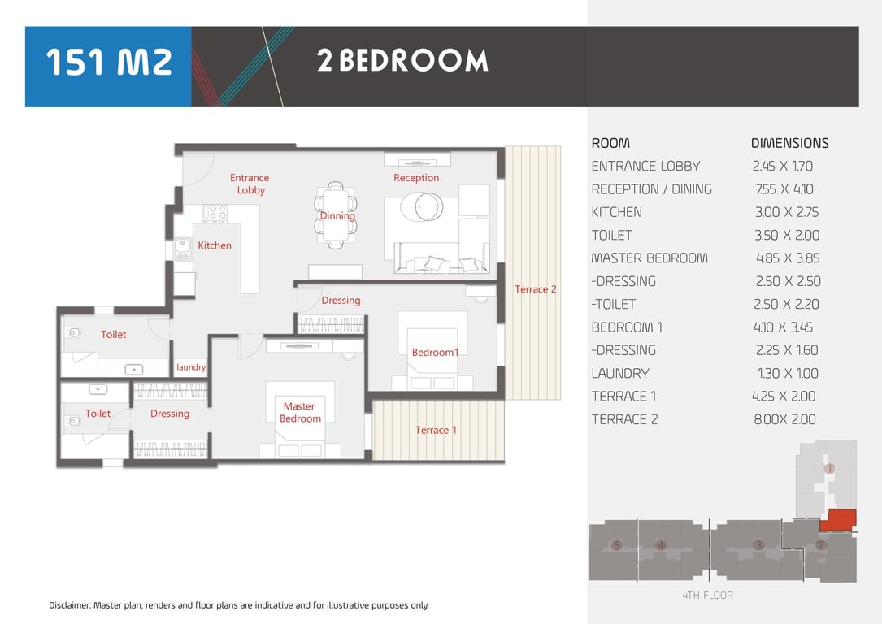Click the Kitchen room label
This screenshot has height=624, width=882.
(x=215, y=245)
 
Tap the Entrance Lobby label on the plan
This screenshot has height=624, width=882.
(x=250, y=184)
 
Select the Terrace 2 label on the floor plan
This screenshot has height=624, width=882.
(x=535, y=289)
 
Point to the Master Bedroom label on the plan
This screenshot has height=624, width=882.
(x=300, y=412)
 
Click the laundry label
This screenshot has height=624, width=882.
(x=191, y=367)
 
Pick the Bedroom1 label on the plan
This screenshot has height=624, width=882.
(x=435, y=353)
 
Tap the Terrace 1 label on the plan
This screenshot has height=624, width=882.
(x=436, y=430)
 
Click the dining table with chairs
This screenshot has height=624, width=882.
(x=336, y=214)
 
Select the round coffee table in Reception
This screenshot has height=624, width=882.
(x=421, y=206)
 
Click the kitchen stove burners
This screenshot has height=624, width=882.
(x=215, y=213)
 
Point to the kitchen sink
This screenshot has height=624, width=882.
(x=182, y=247)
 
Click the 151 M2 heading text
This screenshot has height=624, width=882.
(x=109, y=62)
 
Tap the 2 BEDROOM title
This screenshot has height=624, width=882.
(x=402, y=61)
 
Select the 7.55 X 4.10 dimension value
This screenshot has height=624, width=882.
(x=784, y=189)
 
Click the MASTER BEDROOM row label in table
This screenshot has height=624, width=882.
(x=650, y=258)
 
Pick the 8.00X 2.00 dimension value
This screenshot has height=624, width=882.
(x=784, y=419)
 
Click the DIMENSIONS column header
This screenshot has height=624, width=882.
(x=790, y=143)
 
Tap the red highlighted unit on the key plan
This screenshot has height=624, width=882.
(x=838, y=520)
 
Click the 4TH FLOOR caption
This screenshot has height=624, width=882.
(x=707, y=596)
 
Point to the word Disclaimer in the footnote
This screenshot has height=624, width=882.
(x=70, y=605)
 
